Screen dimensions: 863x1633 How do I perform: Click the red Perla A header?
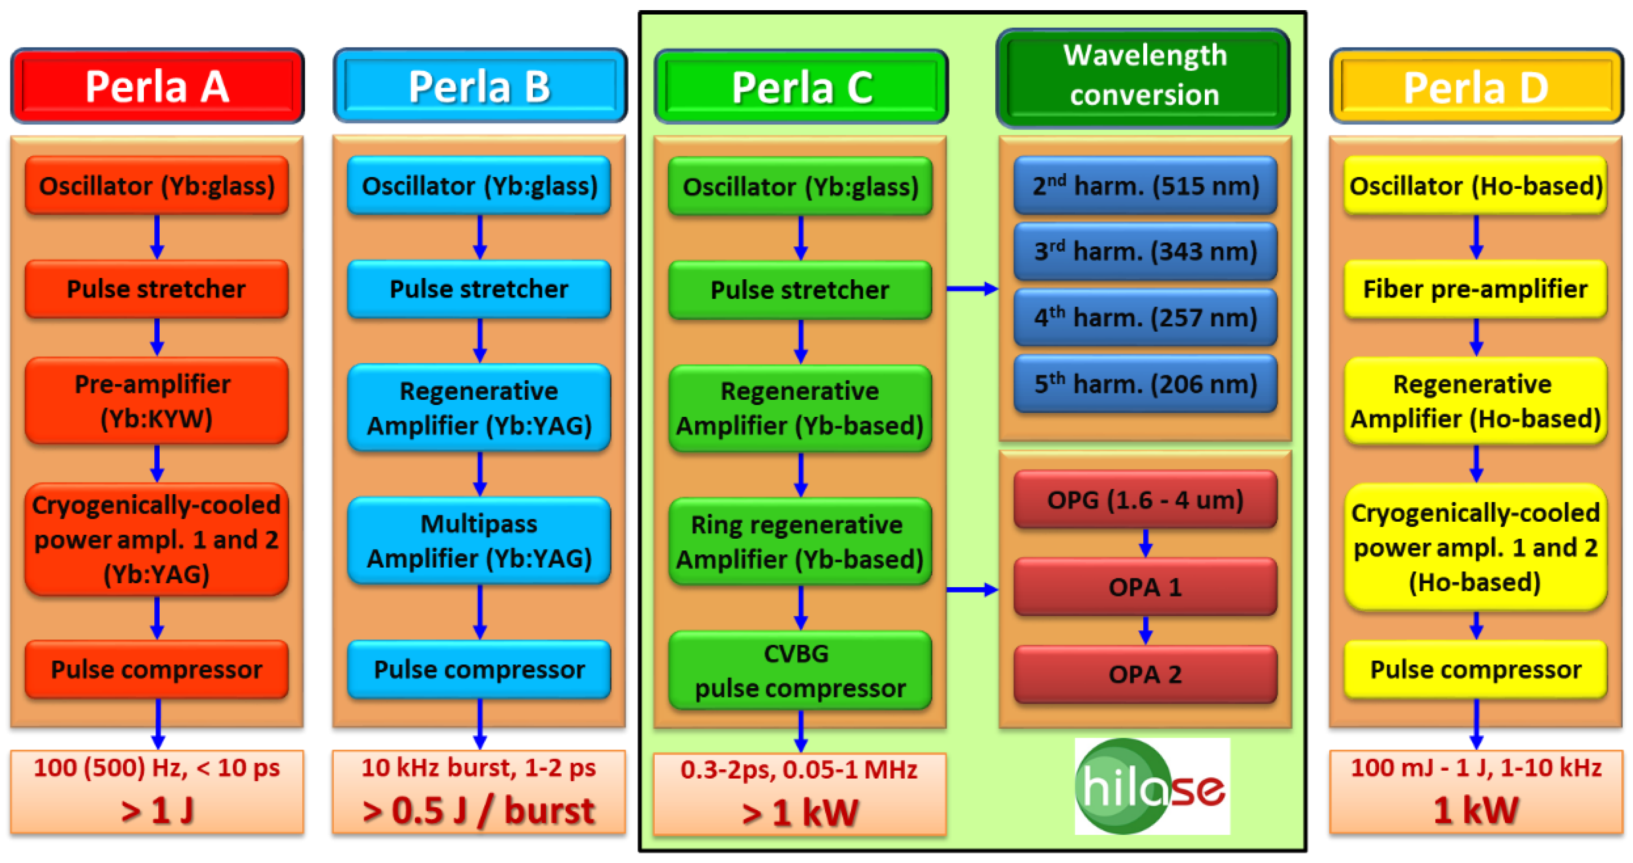tap(157, 86)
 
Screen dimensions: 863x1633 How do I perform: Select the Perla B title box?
tap(480, 86)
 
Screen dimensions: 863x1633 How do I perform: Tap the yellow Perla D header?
tap(1476, 86)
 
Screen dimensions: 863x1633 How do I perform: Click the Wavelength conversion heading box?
tap(1144, 76)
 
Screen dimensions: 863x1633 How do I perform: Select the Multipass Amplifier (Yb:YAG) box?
tap(479, 541)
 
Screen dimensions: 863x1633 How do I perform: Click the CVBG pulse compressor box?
tap(800, 671)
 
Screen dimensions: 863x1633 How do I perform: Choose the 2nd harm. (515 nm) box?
tap(1145, 186)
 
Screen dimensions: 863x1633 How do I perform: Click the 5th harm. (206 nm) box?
tap(1145, 384)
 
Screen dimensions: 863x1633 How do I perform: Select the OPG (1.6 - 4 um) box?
tap(1145, 500)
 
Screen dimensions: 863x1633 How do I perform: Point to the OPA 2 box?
tap(1145, 674)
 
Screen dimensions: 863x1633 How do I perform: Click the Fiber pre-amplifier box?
tap(1475, 289)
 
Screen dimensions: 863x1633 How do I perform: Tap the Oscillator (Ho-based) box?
tap(1475, 186)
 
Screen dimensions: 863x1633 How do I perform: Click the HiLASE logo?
tap(1152, 786)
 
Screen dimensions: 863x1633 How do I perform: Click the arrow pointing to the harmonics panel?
tap(972, 289)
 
